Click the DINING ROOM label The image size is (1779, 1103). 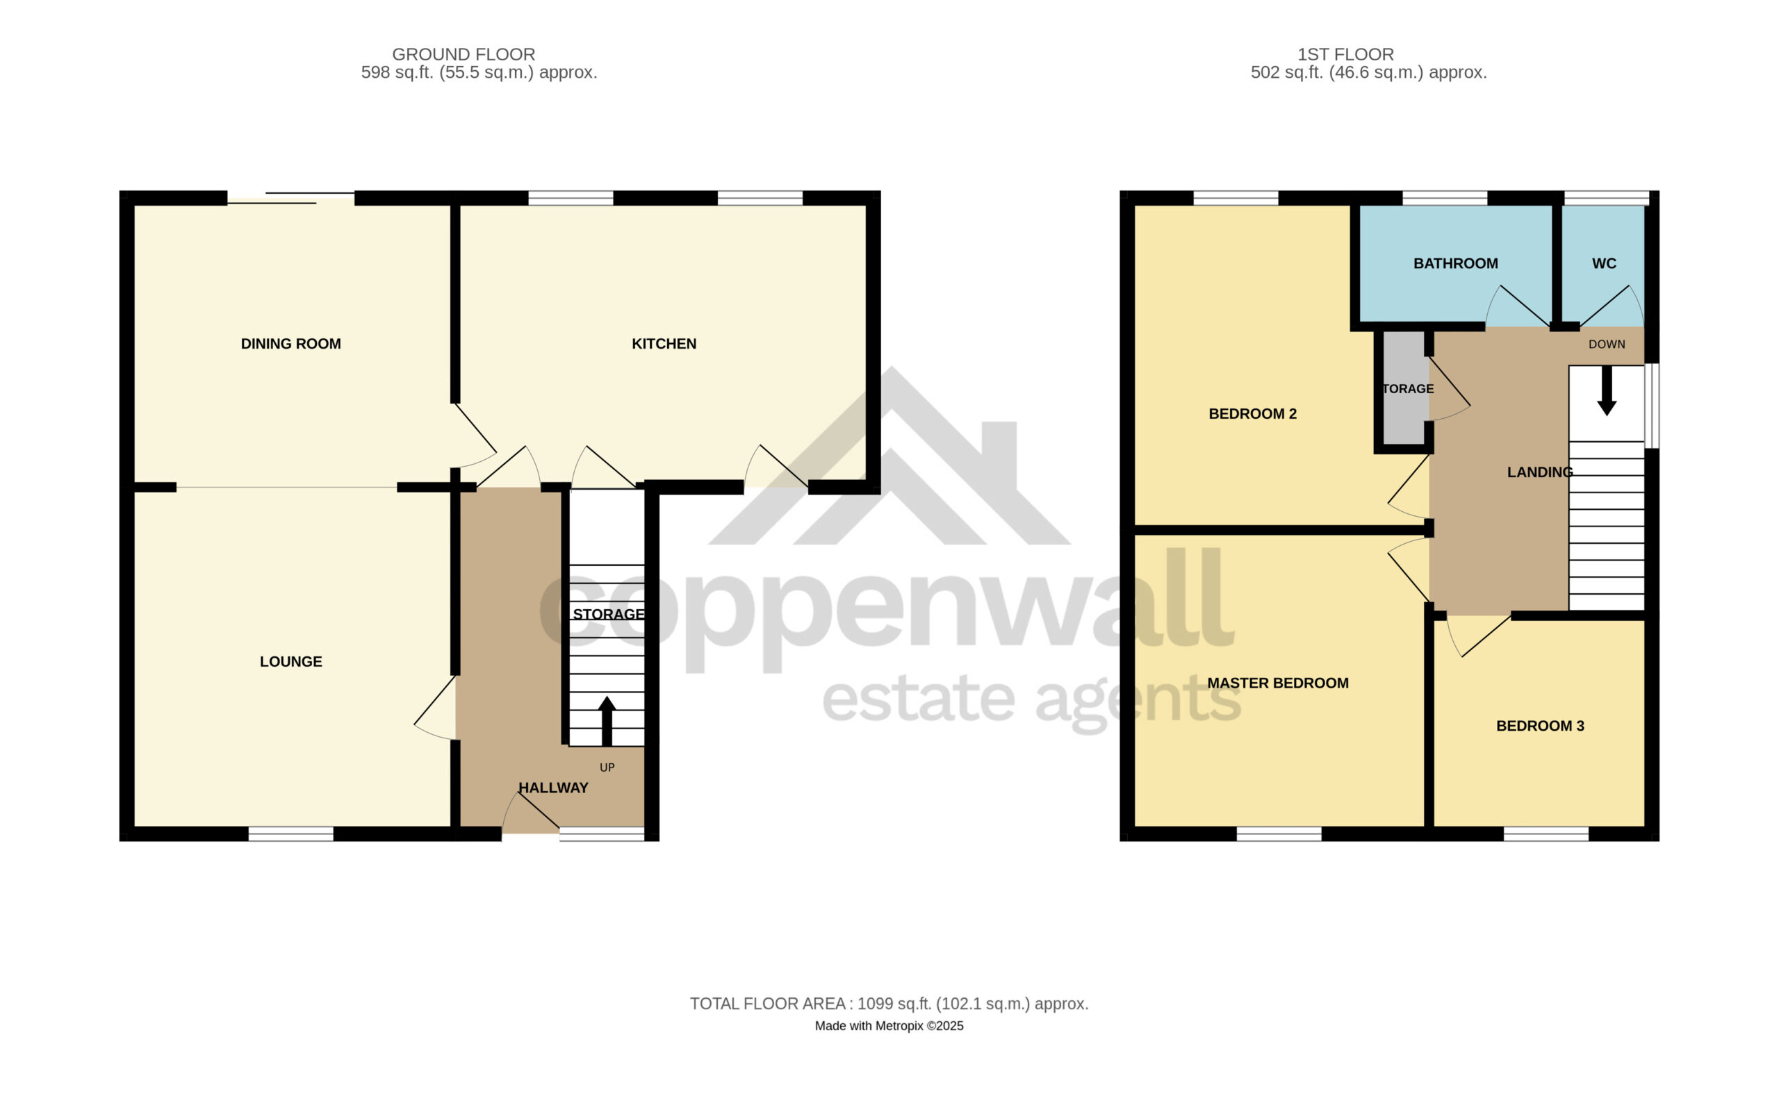coord(290,344)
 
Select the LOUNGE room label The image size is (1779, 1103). coord(290,662)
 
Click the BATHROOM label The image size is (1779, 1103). coord(1455,263)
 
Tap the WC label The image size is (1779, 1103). coord(1604,263)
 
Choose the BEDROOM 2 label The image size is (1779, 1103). coord(1252,414)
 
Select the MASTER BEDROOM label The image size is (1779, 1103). coord(1278,683)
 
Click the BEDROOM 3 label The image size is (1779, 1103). coord(1540,726)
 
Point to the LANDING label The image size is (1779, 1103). coord(1540,472)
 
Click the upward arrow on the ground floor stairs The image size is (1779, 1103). coord(607,721)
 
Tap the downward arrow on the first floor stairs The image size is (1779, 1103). coord(1606,391)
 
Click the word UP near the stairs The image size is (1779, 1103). coord(607,768)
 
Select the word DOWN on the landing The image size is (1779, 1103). coord(1606,345)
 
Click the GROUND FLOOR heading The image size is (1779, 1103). coord(464,54)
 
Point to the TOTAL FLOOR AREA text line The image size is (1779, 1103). coord(889,1004)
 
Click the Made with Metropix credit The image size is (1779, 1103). coord(889,1026)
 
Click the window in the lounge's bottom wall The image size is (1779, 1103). coord(290,834)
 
